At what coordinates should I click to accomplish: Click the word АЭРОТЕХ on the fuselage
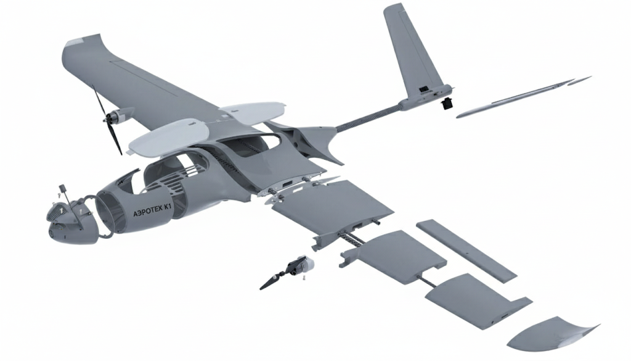(147, 211)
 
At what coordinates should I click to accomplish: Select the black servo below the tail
(446, 104)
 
